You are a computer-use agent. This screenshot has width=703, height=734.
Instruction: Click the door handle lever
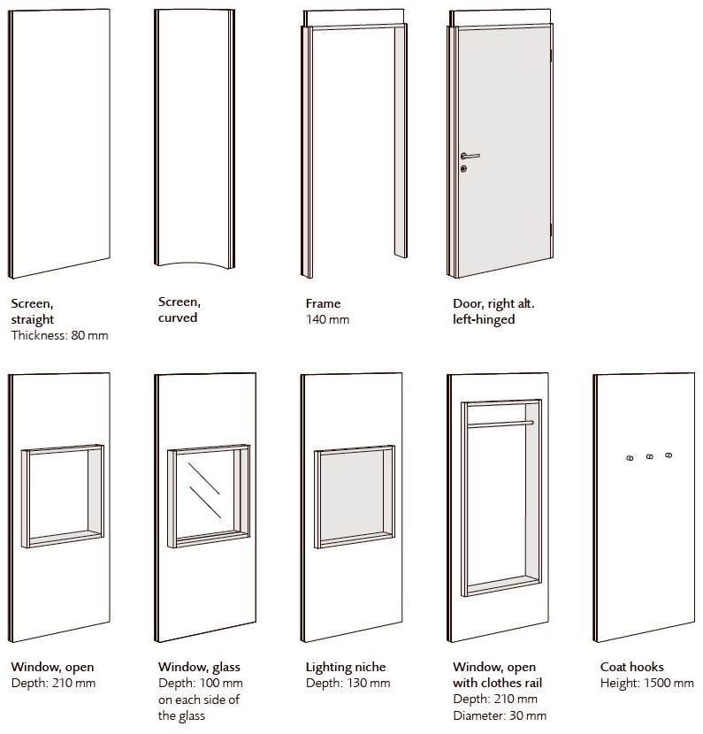[470, 156]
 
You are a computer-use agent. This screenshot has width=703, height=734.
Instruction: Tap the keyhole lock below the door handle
[463, 169]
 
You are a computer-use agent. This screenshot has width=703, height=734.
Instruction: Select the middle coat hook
[650, 456]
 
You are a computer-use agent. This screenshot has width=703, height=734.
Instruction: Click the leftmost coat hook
[630, 458]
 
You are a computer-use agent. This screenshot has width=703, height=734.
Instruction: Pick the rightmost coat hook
[669, 455]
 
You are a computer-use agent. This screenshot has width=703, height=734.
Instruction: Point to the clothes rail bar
[501, 424]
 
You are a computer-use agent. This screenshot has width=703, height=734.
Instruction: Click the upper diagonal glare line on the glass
[203, 478]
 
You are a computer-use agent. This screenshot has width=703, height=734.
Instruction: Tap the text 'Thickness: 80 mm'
[60, 336]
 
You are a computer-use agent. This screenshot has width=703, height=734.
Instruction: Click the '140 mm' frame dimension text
[328, 320]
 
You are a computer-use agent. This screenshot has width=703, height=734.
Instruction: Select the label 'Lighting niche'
[346, 667]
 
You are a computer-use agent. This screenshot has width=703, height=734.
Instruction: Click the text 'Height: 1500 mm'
[646, 684]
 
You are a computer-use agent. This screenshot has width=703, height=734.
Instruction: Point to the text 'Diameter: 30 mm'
[500, 715]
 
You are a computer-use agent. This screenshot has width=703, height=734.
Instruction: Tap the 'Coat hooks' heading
[632, 667]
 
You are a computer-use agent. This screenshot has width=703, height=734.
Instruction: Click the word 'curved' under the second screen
[178, 317]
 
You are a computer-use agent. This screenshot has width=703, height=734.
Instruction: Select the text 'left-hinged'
[484, 320]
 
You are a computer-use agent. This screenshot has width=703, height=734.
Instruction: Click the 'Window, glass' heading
[199, 667]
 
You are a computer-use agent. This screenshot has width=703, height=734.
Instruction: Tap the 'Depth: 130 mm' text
[348, 684]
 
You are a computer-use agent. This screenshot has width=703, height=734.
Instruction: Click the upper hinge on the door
[552, 55]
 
